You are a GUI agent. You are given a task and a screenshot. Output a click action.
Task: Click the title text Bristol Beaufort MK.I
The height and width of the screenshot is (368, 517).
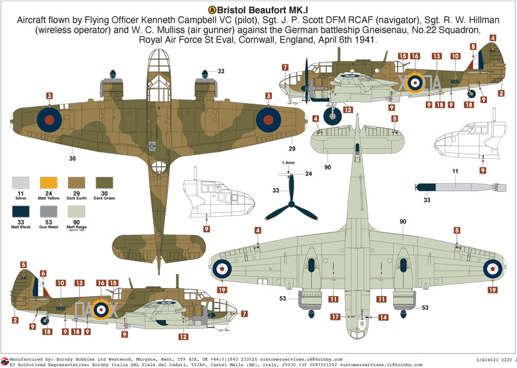[x=264, y=10]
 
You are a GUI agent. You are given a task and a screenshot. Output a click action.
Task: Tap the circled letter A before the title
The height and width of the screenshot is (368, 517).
[x=211, y=10]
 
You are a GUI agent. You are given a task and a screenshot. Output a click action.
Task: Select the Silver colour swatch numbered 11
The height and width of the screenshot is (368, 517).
[x=21, y=182]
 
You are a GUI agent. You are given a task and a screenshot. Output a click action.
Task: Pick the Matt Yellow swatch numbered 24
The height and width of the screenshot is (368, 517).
[x=48, y=182]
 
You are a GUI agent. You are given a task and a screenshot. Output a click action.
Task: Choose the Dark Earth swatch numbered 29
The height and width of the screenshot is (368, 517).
[x=76, y=182]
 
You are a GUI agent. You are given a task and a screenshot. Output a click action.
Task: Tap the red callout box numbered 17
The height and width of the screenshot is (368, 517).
[x=335, y=317]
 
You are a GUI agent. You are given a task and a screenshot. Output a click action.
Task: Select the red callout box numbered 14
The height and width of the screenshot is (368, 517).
[x=383, y=317]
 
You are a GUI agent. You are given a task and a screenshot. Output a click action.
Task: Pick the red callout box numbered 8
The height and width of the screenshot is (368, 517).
[x=473, y=46]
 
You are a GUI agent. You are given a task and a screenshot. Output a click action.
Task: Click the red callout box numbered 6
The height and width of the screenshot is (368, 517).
[x=43, y=273]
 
